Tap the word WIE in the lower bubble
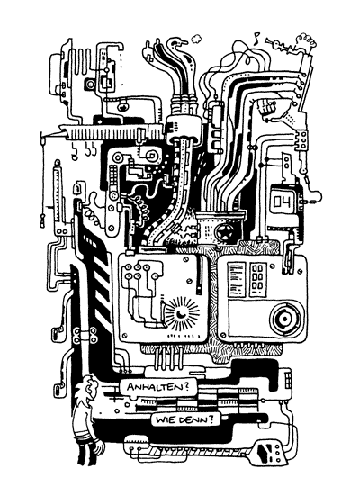pos(165,420)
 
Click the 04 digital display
pos(283,201)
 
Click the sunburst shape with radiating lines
pos(183,313)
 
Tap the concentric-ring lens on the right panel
pos(284,319)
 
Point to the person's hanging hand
pos(100,446)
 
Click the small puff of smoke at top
pos(196,39)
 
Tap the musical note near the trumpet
pos(256,37)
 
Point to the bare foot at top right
pos(306,40)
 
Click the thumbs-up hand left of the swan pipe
pos(148,52)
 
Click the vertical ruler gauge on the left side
pos(58,193)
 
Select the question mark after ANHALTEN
pos(186,386)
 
